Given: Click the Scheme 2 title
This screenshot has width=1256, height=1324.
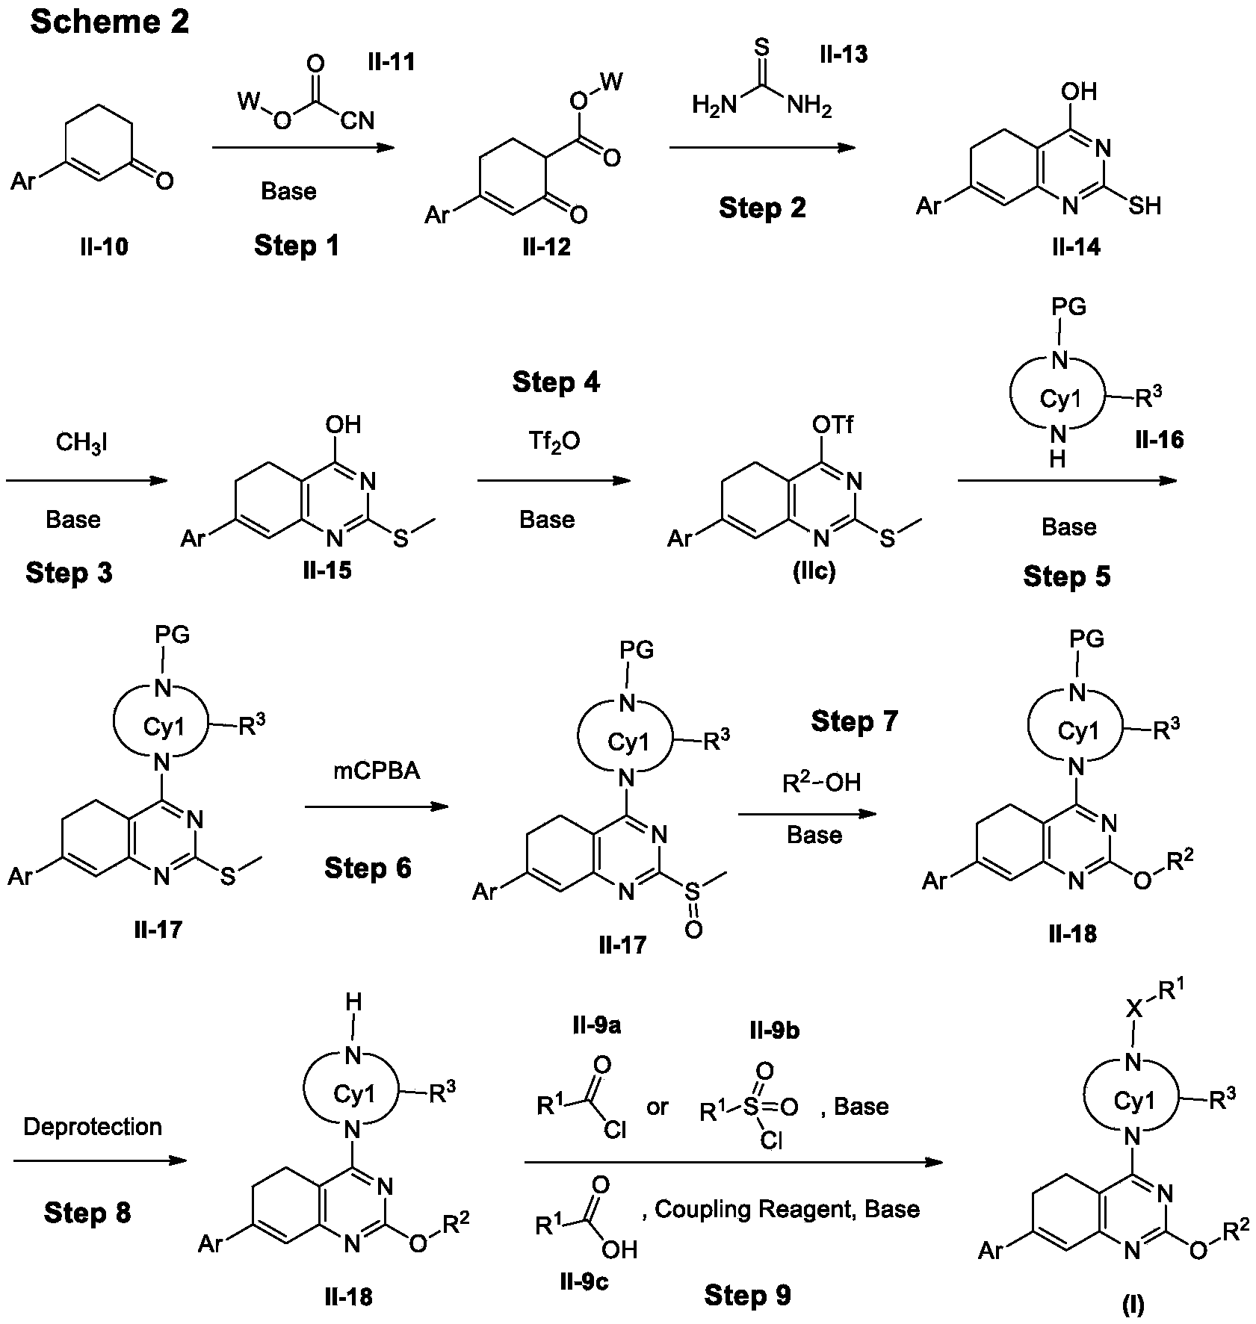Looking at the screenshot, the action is point(109,22).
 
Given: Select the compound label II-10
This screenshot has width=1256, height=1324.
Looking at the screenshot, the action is point(104,246).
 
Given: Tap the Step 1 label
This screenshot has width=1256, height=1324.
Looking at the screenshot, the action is point(297,245).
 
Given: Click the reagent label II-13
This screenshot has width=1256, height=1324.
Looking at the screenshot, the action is point(844,54).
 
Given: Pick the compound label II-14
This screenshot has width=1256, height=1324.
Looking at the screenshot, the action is point(1076,246).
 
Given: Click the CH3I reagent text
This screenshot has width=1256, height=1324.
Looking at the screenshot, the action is point(82,444).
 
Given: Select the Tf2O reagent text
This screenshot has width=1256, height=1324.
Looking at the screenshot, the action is point(554,443).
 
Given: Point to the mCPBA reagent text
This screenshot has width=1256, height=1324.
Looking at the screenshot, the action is point(376,771).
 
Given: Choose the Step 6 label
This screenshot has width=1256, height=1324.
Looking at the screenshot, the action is point(368,868).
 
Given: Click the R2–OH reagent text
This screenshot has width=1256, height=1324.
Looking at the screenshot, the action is point(821,782).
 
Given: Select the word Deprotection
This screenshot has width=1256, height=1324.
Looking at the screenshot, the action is point(93,1126).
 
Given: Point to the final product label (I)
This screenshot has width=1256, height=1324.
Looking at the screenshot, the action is point(1133,1305).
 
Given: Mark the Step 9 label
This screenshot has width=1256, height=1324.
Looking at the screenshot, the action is point(747,1296).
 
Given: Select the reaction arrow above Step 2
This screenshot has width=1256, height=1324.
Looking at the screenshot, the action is point(762,148).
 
